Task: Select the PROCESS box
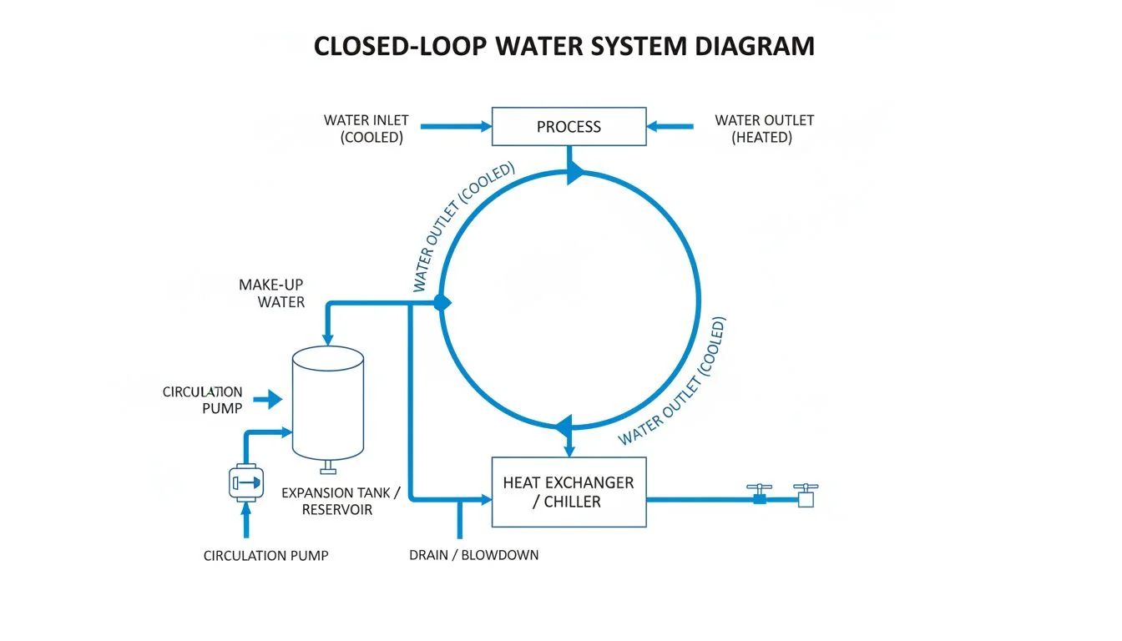(x=569, y=127)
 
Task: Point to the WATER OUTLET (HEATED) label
(x=763, y=129)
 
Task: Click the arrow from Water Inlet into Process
(x=456, y=127)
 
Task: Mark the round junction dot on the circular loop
(x=442, y=303)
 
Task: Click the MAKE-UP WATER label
(x=272, y=293)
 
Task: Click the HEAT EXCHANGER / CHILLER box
(x=569, y=492)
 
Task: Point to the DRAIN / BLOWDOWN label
(x=473, y=555)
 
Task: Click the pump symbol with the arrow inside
(x=245, y=482)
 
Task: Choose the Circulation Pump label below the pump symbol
(x=265, y=556)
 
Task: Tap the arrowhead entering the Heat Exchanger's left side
(x=484, y=500)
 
